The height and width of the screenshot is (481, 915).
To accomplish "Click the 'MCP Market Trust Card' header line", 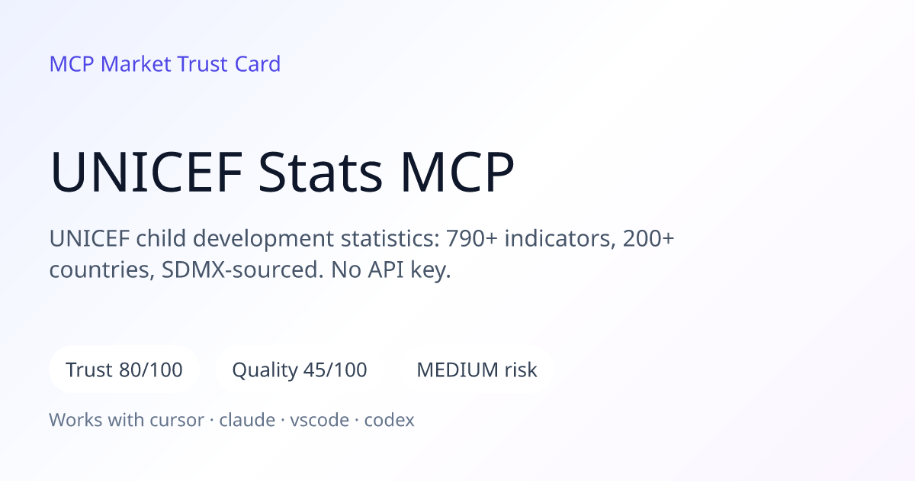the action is coord(165,64).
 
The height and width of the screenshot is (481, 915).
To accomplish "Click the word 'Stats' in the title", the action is coord(320,172).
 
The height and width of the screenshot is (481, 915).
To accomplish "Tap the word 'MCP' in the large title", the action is coord(457,172).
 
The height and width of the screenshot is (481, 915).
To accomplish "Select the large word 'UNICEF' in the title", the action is coord(146,172).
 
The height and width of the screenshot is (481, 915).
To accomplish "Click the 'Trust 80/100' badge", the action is coord(124,370).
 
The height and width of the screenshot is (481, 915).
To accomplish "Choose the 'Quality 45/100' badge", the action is coord(300,370).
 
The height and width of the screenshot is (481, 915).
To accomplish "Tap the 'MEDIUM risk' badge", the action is coord(477,370).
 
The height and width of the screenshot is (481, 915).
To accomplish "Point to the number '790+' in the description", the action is coord(472,238).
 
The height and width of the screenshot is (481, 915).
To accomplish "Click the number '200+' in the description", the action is coord(648,238).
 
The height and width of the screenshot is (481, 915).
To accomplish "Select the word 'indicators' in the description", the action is coord(560,239).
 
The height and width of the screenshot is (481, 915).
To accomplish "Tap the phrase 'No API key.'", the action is coord(391,271).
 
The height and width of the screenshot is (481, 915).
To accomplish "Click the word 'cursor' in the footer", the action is coord(177,421).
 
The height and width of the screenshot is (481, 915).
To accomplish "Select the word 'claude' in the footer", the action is coord(247,420).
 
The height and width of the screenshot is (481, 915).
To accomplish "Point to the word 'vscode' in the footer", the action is coord(319,420).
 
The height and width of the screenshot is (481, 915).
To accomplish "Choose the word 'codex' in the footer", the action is coord(390,420).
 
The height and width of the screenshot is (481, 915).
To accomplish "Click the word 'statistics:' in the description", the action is coord(390,238).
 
